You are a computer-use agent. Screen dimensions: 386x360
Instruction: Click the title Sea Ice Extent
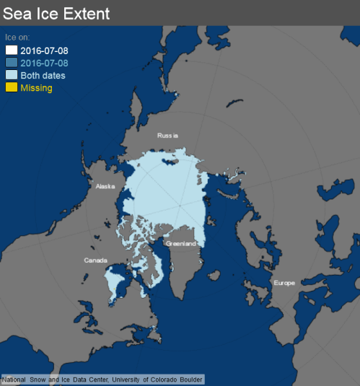click(x=56, y=12)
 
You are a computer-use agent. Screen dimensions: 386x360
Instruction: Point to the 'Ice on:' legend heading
click(x=18, y=37)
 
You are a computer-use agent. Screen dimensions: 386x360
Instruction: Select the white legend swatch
click(x=12, y=50)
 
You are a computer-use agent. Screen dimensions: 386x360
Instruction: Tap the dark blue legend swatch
click(x=12, y=63)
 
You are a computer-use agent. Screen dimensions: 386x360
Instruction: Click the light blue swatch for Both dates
click(x=12, y=76)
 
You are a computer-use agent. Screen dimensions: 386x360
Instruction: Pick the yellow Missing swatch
click(x=12, y=88)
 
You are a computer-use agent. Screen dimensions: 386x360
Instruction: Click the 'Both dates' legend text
click(x=43, y=76)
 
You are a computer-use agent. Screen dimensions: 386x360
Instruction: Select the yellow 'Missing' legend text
click(x=36, y=88)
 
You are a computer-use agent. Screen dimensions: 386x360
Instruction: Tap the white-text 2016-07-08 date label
click(x=44, y=50)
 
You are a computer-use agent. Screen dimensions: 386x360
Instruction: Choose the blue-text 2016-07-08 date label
click(x=44, y=63)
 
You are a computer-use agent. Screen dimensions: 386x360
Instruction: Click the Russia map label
click(x=167, y=135)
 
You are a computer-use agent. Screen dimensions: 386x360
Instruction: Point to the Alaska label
click(x=105, y=186)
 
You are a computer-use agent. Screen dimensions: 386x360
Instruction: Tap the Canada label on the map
click(x=95, y=260)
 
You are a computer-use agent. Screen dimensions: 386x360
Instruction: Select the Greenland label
click(x=180, y=244)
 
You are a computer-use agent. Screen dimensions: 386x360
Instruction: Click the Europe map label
click(x=284, y=283)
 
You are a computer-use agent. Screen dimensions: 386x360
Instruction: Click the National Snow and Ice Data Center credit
click(x=102, y=380)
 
